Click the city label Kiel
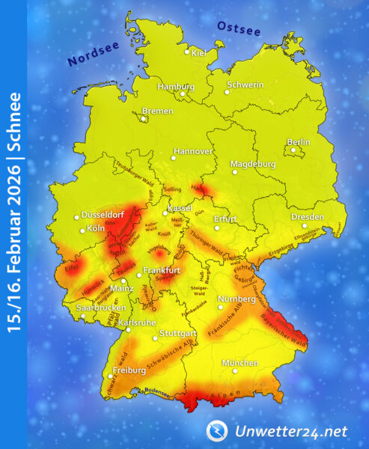(x=199, y=53)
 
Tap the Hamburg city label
(x=176, y=86)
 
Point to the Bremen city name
(x=157, y=110)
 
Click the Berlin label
(x=299, y=142)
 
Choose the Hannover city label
(x=193, y=151)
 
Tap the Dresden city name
(x=308, y=218)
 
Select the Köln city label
(x=95, y=228)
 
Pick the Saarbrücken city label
(x=100, y=308)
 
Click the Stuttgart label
(x=178, y=332)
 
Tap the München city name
(x=242, y=363)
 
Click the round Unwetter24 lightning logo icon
(x=216, y=430)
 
